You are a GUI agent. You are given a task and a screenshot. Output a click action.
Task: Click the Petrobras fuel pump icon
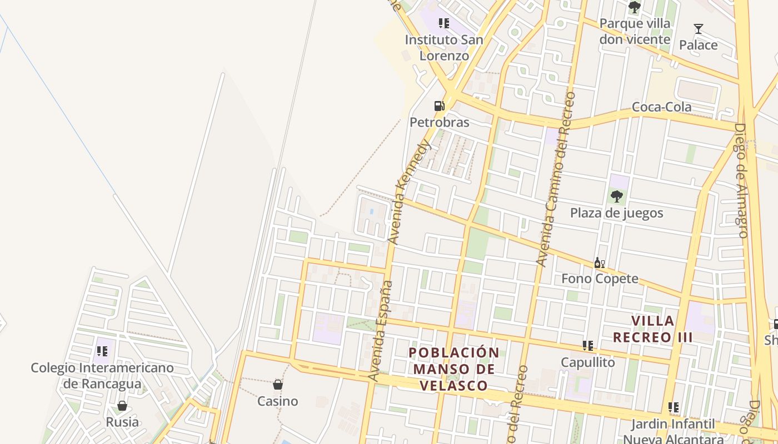pos(439,105)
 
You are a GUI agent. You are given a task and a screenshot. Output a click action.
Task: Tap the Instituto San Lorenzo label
pos(443,48)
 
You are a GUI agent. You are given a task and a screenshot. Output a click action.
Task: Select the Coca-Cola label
pos(662,107)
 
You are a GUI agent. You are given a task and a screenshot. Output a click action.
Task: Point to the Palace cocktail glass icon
pos(699,29)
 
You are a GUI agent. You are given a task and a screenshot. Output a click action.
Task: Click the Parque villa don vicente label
pos(635,32)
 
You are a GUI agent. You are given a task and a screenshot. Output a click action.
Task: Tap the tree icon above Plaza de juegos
pos(616,196)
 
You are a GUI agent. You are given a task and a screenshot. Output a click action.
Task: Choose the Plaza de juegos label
pos(616,213)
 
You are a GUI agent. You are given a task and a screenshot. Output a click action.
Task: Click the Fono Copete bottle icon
pos(599,263)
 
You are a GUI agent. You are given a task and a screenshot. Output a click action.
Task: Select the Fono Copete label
pos(600,279)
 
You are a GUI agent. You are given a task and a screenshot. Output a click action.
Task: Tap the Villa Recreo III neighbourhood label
pos(652,329)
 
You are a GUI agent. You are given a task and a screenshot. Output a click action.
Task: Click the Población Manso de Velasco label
pos(455,369)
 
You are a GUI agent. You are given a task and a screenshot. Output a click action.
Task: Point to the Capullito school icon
pos(588,346)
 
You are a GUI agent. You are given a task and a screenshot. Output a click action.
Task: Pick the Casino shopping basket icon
pos(278,384)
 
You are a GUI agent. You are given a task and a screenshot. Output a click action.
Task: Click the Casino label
pos(278,401)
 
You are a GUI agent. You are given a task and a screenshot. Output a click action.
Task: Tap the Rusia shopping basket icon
pos(122,406)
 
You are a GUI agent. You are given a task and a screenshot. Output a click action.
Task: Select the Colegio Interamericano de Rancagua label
pos(102,376)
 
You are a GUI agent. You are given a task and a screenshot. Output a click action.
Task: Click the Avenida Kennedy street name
pos(410,191)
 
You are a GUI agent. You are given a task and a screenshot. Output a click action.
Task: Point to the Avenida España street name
pos(381,331)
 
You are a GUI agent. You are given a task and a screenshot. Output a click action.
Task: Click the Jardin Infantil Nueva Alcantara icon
pos(674,407)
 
